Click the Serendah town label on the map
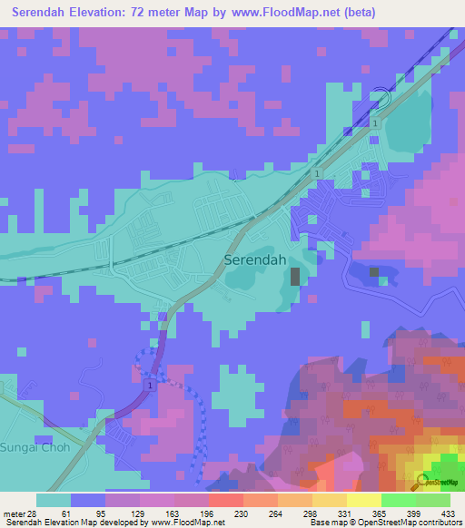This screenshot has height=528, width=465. [255, 260]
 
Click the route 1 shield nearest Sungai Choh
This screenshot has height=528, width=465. [148, 386]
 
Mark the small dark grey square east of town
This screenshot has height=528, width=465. [374, 271]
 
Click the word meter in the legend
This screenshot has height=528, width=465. [13, 513]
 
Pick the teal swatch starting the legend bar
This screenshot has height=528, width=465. [54, 500]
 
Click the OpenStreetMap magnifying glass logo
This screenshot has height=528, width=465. [423, 483]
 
